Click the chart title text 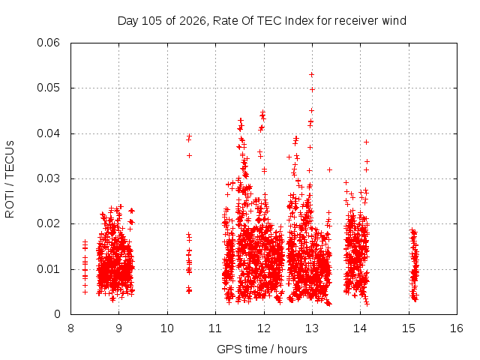262,21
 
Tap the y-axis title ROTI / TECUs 10,179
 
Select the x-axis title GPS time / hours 262,349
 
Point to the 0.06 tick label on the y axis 48,43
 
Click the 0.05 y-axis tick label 48,88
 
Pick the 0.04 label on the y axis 48,133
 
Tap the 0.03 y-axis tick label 48,178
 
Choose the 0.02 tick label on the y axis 48,223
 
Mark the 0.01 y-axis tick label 48,269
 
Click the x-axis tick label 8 70,328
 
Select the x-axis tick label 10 167,328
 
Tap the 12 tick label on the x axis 264,328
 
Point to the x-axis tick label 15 409,328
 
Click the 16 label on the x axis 457,328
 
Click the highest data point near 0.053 312,75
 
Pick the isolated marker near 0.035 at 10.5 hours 190,156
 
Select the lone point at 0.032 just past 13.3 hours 330,169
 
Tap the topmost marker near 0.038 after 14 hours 367,142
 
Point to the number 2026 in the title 193,21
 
